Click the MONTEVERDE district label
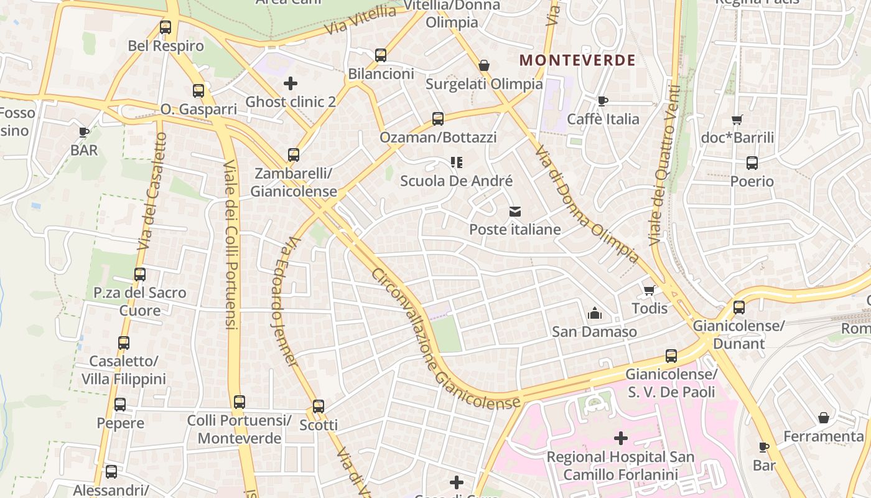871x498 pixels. coord(577,60)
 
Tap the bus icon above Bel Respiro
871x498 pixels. coord(165,27)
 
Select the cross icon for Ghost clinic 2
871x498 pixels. coord(291,83)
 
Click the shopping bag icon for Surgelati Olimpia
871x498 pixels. coord(483,65)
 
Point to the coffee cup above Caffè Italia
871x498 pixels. coord(602,101)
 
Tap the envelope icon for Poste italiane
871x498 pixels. coord(515,212)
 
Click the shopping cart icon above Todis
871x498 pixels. coord(650,290)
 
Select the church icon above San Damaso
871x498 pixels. coord(595,313)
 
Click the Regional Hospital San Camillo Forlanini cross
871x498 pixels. coord(620,438)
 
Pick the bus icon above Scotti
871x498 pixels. coord(319,406)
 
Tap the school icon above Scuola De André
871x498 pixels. coord(457,162)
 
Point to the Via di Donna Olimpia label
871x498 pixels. coord(587,204)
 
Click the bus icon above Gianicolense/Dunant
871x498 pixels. coord(739,308)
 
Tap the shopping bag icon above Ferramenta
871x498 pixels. coord(824,418)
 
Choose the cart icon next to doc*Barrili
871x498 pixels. coord(737,120)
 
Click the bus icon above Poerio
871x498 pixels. coord(752,163)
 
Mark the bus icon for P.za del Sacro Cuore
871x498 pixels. coord(140,274)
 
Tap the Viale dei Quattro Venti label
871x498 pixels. coord(663,164)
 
